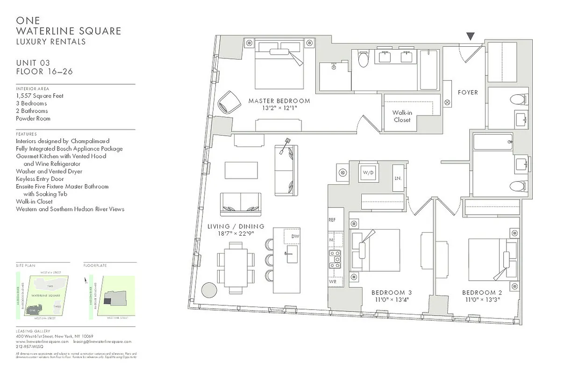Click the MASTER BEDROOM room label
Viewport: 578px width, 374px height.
pos(279,101)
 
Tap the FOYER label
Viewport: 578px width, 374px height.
pos(468,93)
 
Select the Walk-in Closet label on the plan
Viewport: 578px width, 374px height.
pos(402,116)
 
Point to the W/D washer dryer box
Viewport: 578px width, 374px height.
pos(369,173)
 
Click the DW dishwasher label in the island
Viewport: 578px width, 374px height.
pos(295,237)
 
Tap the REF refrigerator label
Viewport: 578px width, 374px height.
pos(332,219)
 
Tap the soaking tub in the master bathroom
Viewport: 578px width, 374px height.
pos(428,70)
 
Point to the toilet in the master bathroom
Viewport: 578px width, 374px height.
pos(363,60)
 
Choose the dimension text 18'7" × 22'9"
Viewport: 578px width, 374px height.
pos(236,234)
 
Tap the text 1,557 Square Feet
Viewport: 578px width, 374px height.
pos(40,96)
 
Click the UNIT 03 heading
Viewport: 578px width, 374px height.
pos(33,63)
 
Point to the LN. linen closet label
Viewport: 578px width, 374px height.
pos(398,178)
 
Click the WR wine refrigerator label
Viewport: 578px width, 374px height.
pos(332,282)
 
